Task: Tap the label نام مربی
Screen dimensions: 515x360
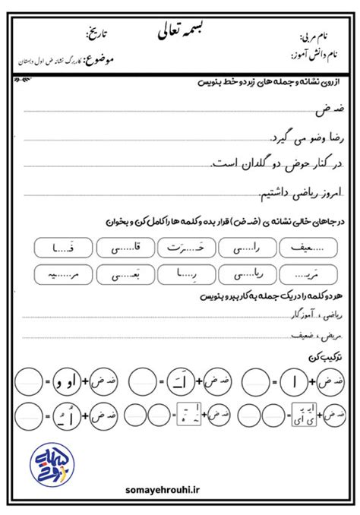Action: pyautogui.click(x=312, y=36)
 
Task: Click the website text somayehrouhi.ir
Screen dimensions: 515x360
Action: pyautogui.click(x=180, y=493)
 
